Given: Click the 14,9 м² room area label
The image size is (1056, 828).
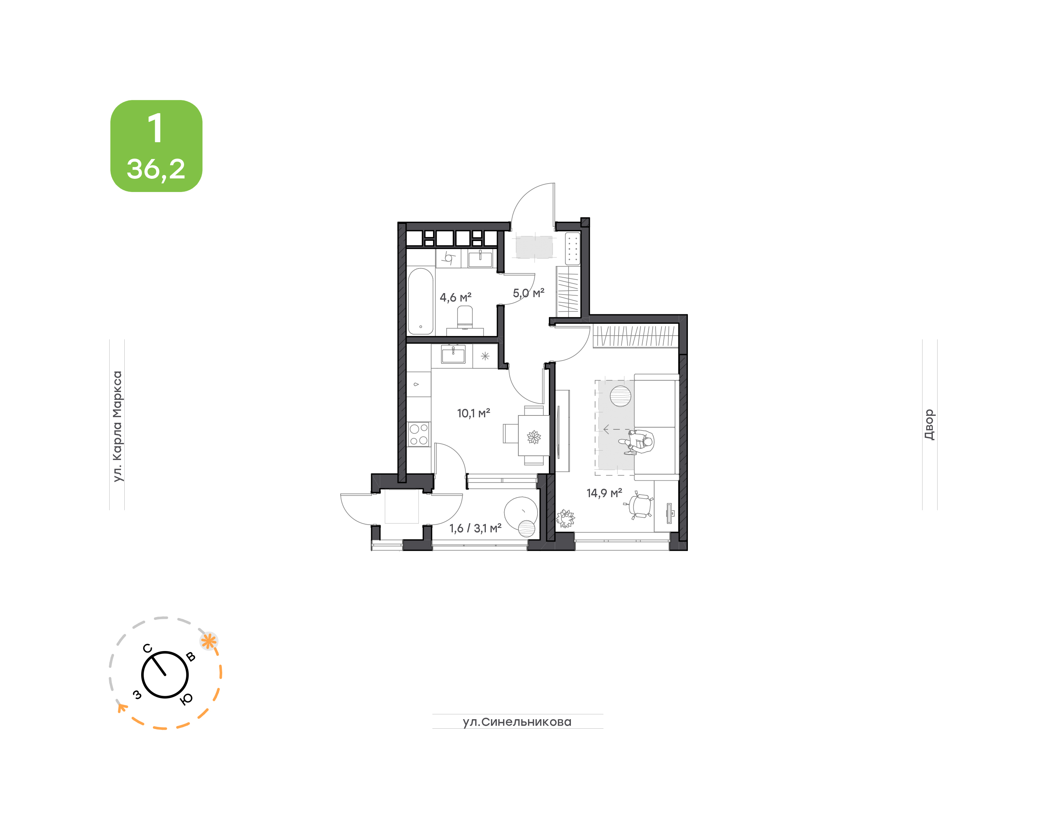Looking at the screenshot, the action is (x=604, y=493).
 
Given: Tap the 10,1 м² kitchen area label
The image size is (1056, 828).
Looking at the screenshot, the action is (x=473, y=413).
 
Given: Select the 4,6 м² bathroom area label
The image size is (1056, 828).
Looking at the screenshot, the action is (x=455, y=297).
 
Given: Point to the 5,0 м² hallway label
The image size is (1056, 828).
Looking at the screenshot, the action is (x=529, y=293).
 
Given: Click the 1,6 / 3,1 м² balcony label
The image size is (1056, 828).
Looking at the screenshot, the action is (x=475, y=528).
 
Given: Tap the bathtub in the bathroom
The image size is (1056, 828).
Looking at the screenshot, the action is (x=420, y=301).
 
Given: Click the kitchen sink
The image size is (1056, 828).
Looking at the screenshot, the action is (x=453, y=354).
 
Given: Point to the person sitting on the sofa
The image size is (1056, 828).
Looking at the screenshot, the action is (x=637, y=441).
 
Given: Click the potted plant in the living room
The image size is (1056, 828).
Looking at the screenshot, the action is (x=565, y=518).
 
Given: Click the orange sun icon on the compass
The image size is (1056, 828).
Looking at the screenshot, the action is (x=209, y=642).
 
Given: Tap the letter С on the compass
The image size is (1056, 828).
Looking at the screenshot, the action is (x=147, y=648).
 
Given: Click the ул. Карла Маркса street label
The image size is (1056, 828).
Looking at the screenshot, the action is (x=117, y=426).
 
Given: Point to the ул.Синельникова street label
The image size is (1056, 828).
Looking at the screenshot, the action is (x=517, y=722).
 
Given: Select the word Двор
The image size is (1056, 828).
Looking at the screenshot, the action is (x=929, y=425).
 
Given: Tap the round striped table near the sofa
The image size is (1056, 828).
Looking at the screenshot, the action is (x=620, y=396).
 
